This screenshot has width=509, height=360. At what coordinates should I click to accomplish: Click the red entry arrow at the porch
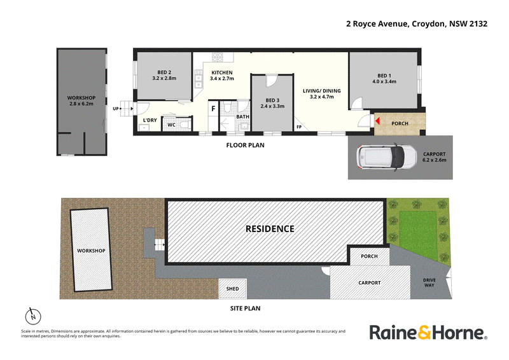click(377, 121)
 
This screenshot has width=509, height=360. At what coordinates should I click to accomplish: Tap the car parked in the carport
click(386, 158)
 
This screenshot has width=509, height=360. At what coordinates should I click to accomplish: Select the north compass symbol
click(33, 316)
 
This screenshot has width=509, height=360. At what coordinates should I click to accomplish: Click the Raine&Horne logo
click(428, 333)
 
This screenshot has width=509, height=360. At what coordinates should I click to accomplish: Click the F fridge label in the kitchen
click(213, 109)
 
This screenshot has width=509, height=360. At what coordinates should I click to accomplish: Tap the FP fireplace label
click(299, 127)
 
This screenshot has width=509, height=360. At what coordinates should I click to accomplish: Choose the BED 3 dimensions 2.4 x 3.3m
click(272, 106)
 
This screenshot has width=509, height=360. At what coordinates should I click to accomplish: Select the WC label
click(171, 125)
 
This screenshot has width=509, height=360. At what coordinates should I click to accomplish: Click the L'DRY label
click(150, 120)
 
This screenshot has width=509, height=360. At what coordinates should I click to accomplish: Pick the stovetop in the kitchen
click(218, 57)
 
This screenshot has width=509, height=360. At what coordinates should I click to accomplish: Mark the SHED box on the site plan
click(233, 289)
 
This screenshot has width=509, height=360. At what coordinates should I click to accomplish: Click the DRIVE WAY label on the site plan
click(429, 282)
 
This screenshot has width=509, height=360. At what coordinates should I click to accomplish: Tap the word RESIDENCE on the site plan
click(270, 229)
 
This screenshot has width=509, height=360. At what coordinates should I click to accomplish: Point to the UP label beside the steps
click(116, 109)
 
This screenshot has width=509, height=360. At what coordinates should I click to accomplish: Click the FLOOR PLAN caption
click(246, 145)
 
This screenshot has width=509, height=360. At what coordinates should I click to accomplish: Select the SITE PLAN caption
click(246, 308)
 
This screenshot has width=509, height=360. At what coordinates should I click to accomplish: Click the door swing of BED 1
click(357, 102)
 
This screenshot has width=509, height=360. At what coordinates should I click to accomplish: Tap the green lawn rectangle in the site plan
click(418, 229)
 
